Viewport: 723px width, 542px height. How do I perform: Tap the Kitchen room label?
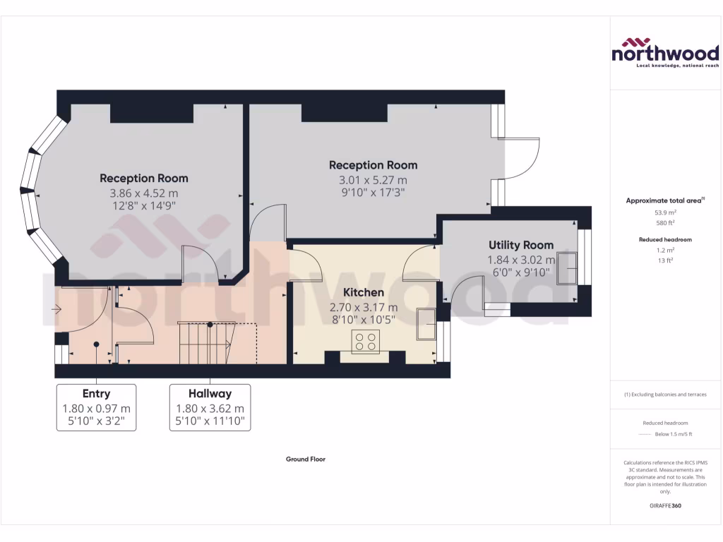[x=364, y=292]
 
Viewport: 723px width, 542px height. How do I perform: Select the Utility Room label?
[x=521, y=245]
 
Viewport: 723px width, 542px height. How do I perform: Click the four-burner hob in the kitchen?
[x=365, y=342]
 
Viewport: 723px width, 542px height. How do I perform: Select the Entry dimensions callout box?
[x=96, y=408]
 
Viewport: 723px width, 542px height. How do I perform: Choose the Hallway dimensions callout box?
[x=210, y=408]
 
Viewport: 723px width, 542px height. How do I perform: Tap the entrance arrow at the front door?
[x=57, y=308]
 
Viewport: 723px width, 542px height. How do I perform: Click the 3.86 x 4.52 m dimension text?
[x=143, y=193]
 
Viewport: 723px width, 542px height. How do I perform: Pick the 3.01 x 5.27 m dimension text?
[x=373, y=179]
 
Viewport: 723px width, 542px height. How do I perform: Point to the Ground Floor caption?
[x=305, y=459]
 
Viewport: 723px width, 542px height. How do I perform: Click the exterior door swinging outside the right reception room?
[x=523, y=158]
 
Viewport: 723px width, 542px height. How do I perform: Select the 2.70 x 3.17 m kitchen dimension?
[x=364, y=307]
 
